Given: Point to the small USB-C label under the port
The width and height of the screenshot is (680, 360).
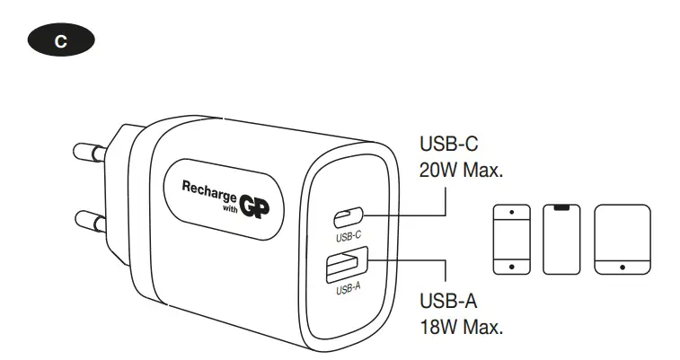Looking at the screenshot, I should (348, 238).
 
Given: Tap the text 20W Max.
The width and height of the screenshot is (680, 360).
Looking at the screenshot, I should (461, 170).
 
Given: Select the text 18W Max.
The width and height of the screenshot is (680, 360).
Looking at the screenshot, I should (460, 326).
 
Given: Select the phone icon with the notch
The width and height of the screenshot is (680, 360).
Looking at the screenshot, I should (561, 238).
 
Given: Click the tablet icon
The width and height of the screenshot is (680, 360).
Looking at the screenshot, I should (622, 238).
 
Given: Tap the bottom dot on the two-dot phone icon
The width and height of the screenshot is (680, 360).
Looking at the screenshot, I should (512, 266).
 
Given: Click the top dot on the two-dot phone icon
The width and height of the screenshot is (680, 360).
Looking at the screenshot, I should (512, 212).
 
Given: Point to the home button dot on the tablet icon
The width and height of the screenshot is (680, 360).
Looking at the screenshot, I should (622, 266).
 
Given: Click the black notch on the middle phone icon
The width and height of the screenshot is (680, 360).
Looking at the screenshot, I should (561, 208).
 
